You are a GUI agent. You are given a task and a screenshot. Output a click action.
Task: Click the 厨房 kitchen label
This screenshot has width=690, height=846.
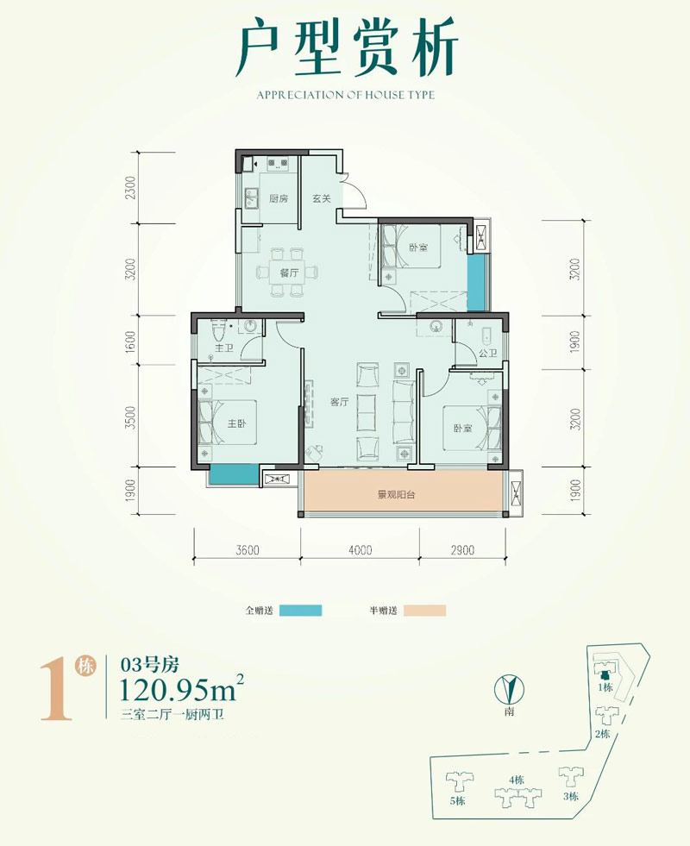(x=279, y=198)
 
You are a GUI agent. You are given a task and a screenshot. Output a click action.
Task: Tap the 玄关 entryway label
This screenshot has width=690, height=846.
(x=322, y=198)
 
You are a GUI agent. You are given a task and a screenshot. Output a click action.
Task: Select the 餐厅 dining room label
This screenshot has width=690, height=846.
(x=289, y=273)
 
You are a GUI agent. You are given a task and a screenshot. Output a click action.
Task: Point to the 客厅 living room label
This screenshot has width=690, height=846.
(x=339, y=402)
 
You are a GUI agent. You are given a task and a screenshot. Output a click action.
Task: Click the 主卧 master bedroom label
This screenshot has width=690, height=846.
(x=236, y=423)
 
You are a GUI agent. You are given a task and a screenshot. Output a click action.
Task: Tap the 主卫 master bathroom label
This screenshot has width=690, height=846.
(x=224, y=348)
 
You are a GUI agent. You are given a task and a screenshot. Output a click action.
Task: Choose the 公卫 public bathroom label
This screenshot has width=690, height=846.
(x=487, y=353)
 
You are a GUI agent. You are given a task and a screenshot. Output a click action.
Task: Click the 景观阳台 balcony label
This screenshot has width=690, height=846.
(x=397, y=494)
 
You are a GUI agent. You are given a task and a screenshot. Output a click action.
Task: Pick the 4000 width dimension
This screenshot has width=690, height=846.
(x=361, y=550)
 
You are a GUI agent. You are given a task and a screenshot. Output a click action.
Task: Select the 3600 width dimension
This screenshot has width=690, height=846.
(x=248, y=550)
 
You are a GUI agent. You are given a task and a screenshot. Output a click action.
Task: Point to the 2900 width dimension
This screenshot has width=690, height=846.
(x=462, y=550)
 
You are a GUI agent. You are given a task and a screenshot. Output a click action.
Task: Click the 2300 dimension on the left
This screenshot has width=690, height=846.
(x=130, y=188)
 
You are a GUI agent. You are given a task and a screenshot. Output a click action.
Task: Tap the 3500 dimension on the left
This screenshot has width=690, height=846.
(x=130, y=417)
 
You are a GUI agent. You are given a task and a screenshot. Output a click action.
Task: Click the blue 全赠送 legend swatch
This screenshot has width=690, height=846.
(x=300, y=611)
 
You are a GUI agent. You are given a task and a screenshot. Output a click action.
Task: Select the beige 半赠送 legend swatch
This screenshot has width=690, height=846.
(x=424, y=611)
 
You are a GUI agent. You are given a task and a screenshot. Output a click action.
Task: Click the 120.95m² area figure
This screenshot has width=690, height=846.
(x=181, y=687)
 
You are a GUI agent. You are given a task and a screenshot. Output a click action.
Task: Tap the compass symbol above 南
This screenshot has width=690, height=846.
(x=509, y=689)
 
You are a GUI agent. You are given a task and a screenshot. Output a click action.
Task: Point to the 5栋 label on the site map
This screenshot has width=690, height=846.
(x=457, y=800)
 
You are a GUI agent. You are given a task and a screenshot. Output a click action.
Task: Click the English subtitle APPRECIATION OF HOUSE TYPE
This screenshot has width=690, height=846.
(x=345, y=96)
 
